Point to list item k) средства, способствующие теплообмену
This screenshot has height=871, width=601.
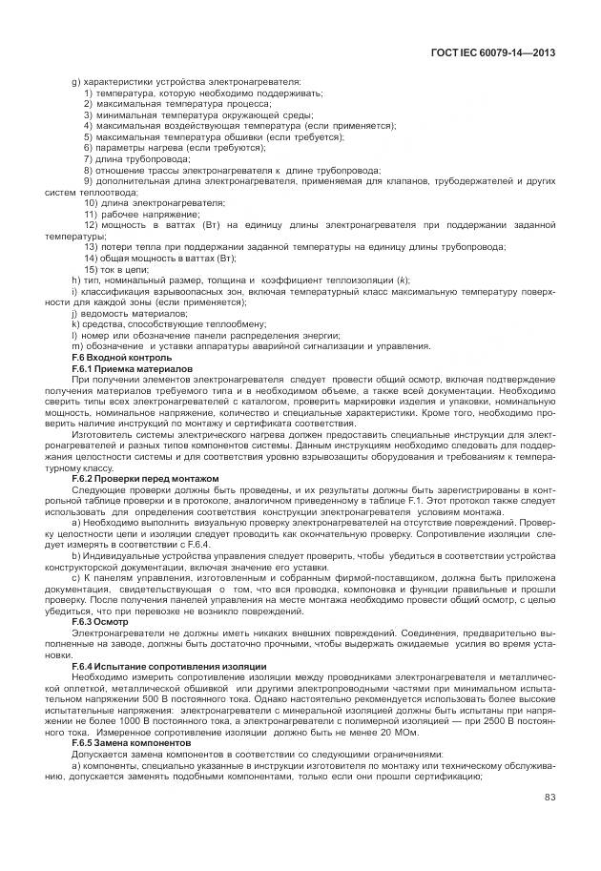(x=157, y=323)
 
